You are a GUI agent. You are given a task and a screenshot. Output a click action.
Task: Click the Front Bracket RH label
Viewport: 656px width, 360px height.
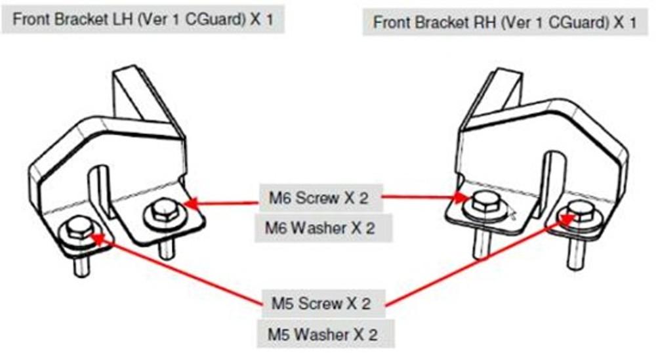504,22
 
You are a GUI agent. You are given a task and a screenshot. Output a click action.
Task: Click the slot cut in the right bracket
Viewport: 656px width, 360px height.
551,177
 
